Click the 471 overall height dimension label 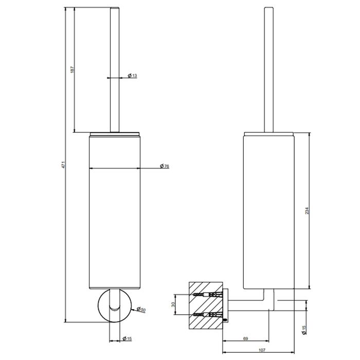(x=64, y=165)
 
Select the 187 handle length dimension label (x=73, y=69)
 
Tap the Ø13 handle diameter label (x=133, y=75)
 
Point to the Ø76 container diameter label (x=165, y=166)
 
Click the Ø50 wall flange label (x=141, y=310)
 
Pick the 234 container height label (x=307, y=211)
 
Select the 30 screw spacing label (x=173, y=304)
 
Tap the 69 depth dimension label (x=245, y=338)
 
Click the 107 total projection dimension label (x=262, y=350)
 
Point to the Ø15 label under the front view (x=127, y=338)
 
